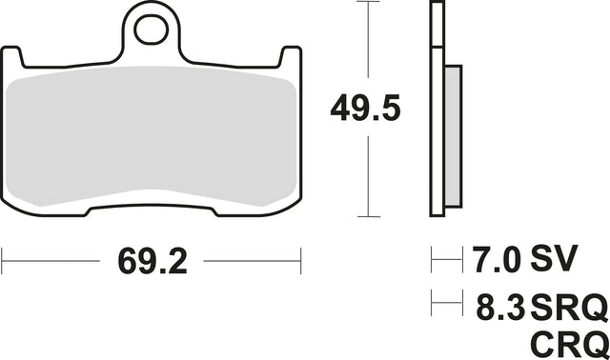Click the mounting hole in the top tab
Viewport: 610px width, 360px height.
[151, 30]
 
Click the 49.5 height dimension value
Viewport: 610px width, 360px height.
[365, 108]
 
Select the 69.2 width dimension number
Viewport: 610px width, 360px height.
[152, 261]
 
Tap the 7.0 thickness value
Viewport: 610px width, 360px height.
[496, 259]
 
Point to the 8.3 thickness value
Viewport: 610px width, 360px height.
[501, 307]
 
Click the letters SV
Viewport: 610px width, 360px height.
[554, 259]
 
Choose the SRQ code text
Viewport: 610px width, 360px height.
[569, 307]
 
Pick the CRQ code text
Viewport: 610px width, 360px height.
[569, 345]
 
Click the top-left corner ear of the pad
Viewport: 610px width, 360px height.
[11, 57]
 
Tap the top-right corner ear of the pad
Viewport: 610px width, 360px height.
[291, 57]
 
